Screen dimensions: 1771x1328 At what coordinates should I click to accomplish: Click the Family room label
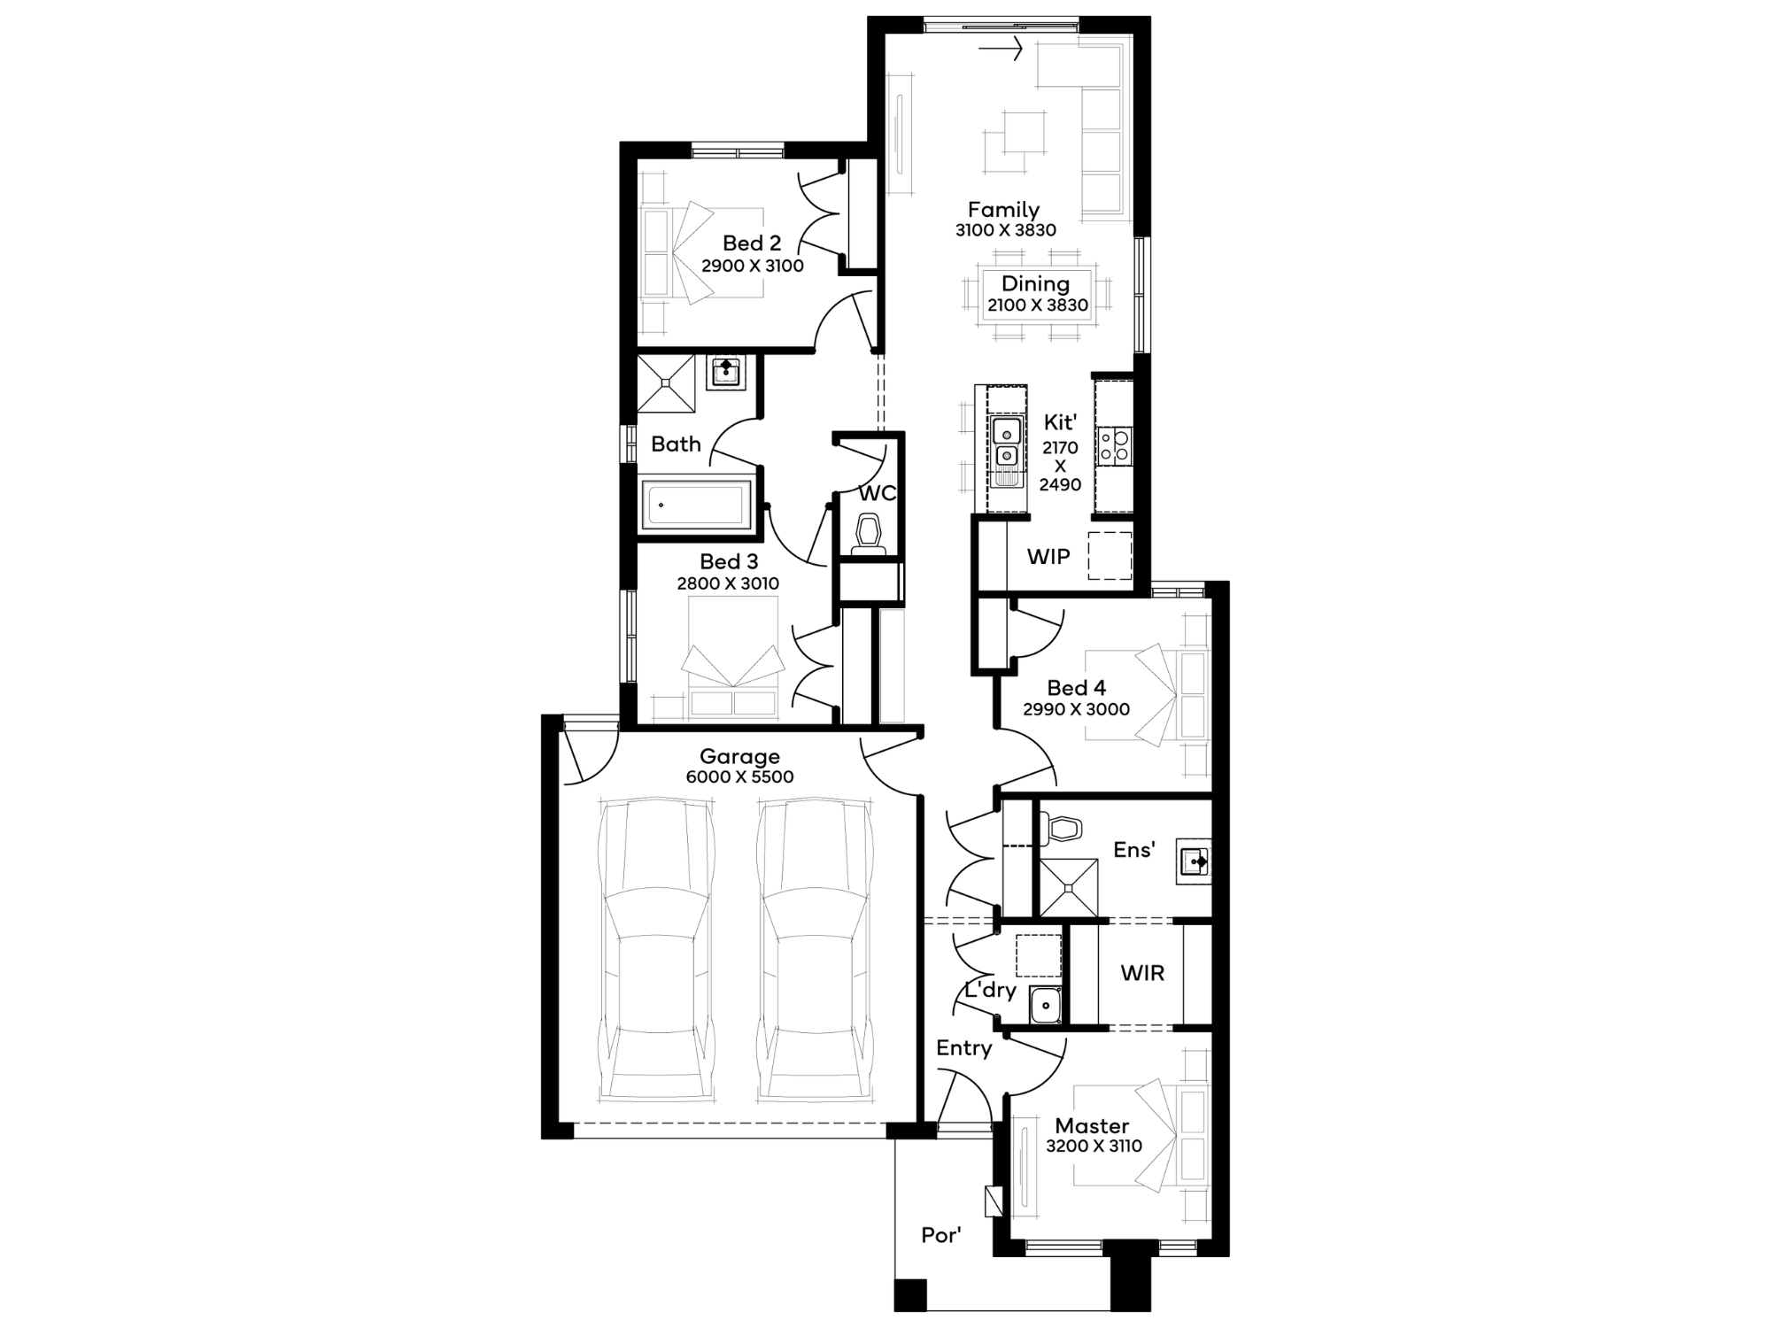click(1003, 210)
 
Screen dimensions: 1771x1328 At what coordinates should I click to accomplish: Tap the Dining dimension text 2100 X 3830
click(1038, 305)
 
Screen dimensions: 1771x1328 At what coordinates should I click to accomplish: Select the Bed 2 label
click(752, 243)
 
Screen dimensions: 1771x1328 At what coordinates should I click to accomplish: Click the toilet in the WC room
click(869, 534)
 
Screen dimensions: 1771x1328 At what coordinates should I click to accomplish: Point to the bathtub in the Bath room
click(697, 505)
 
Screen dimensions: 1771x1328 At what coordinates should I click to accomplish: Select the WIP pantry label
click(1048, 557)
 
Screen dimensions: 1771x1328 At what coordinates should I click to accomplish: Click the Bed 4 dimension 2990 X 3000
click(1076, 709)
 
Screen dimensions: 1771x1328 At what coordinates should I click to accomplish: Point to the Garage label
click(739, 756)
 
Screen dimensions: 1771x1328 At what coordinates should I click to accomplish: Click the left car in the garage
click(656, 950)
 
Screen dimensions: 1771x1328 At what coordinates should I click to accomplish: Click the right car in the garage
click(815, 950)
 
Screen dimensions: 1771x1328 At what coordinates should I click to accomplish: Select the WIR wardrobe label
click(1142, 973)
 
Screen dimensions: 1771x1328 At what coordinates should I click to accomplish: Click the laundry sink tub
click(1046, 1006)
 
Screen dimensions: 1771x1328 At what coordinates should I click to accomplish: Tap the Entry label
click(964, 1048)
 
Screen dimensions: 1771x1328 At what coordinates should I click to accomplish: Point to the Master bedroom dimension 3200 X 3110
click(1094, 1146)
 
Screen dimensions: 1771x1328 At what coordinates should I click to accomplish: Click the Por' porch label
click(940, 1235)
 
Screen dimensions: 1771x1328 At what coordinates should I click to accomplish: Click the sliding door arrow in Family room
click(1001, 49)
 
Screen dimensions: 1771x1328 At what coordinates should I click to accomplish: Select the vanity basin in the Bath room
click(726, 372)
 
